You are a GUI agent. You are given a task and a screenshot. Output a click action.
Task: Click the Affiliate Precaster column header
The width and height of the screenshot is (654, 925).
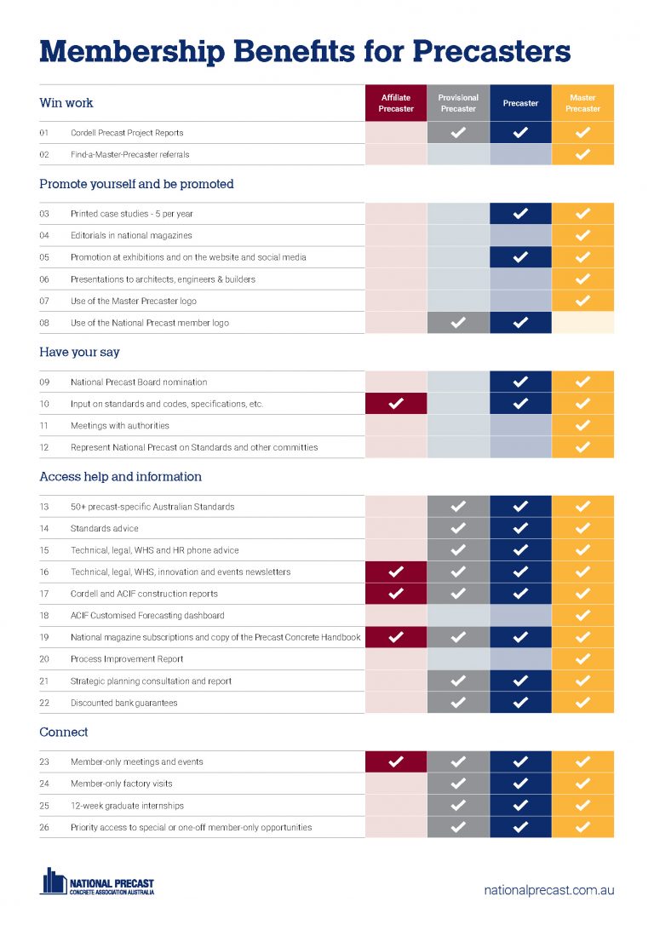click(396, 103)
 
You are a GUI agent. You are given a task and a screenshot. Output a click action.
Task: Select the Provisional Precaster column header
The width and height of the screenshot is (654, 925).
click(458, 103)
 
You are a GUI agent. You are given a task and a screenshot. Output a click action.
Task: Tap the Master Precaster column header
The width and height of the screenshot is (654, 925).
click(582, 103)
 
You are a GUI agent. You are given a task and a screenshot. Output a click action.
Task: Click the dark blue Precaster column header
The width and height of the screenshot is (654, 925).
click(520, 103)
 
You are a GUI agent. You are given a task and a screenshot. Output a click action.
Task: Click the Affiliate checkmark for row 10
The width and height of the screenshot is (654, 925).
click(396, 404)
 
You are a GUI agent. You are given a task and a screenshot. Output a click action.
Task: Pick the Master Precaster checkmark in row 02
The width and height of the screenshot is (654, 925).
click(582, 154)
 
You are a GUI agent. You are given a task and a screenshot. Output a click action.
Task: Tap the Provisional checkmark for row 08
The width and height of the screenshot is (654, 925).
click(458, 323)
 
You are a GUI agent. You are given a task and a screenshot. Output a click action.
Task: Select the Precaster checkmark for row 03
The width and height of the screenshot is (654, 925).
click(520, 214)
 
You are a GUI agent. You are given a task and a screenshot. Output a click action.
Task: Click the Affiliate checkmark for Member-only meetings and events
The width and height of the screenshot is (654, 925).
click(396, 761)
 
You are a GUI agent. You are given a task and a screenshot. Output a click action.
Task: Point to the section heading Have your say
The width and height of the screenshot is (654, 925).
click(79, 352)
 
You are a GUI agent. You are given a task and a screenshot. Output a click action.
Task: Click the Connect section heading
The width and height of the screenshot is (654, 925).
click(64, 733)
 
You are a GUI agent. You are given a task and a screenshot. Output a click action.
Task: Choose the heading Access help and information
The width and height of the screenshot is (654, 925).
click(120, 477)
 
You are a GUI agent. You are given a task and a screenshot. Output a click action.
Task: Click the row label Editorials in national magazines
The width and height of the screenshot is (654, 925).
click(131, 235)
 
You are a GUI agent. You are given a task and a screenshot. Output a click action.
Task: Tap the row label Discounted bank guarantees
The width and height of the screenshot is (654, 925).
click(123, 703)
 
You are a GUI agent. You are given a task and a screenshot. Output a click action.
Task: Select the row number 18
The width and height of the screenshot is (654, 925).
click(44, 615)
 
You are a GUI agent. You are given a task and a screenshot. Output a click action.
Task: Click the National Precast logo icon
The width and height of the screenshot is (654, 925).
click(54, 882)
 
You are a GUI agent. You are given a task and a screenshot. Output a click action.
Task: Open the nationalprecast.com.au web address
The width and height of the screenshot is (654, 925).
click(549, 890)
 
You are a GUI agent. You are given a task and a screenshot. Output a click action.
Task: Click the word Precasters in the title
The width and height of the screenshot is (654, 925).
click(492, 51)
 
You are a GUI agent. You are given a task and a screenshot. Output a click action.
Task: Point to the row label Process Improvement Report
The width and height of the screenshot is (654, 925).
click(127, 659)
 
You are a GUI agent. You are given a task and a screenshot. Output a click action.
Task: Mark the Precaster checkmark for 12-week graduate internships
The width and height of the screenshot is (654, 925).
click(520, 805)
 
